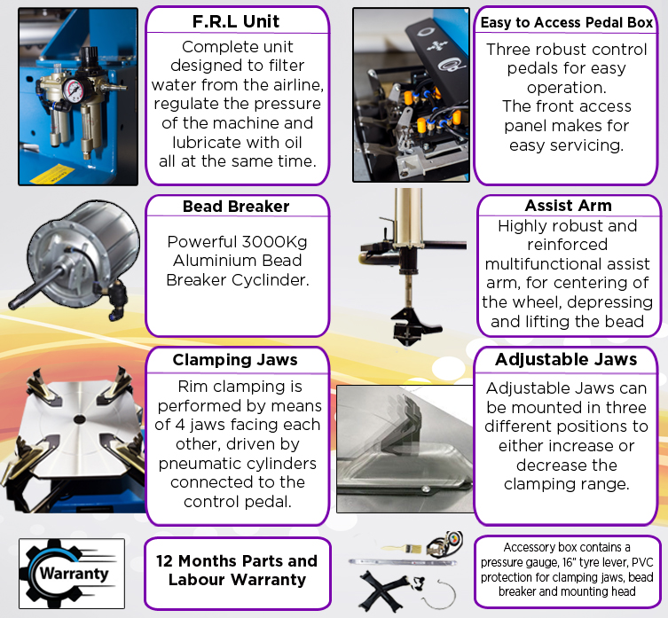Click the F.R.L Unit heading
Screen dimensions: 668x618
(236, 21)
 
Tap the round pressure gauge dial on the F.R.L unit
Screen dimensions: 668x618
(75, 90)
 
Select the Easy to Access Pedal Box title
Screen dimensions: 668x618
(567, 22)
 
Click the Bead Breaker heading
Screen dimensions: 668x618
(236, 206)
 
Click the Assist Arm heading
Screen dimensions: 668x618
(569, 206)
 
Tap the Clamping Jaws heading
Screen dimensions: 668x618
(235, 360)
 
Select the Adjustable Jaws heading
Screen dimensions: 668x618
(566, 359)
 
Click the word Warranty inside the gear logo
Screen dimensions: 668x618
(75, 574)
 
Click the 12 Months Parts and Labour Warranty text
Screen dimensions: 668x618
(237, 570)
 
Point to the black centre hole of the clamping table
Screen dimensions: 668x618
(79, 419)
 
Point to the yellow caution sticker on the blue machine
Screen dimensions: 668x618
(51, 174)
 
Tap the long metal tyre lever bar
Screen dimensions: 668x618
(403, 562)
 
